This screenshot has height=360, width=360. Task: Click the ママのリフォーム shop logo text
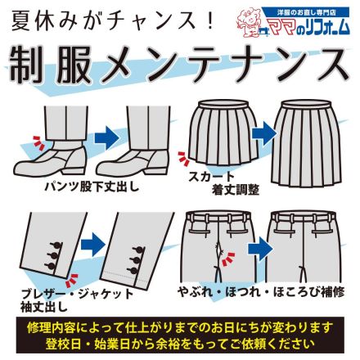point(309,27)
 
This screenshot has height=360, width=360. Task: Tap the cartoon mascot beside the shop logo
point(250,23)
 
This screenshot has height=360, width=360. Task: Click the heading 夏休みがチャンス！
point(113,20)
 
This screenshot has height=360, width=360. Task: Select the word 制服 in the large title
point(51,65)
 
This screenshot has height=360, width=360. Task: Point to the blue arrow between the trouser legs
point(106,138)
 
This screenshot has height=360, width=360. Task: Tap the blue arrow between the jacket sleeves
point(93,244)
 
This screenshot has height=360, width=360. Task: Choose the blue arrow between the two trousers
point(260,249)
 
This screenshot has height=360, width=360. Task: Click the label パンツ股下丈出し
point(92,187)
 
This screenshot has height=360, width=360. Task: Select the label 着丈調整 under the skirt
point(236,190)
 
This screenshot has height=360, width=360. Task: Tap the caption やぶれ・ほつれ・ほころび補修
point(261,292)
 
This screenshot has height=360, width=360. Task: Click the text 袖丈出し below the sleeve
point(44,307)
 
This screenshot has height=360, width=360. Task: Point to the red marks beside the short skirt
point(183,159)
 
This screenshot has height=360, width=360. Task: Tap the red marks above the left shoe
point(38,142)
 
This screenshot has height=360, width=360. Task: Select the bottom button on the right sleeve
point(134,271)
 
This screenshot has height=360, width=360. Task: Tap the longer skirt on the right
point(306,144)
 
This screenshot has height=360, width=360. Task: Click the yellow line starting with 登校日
point(180,343)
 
